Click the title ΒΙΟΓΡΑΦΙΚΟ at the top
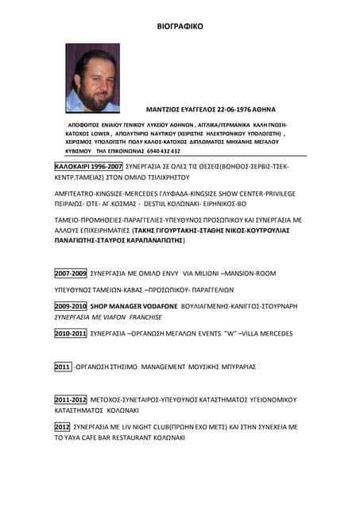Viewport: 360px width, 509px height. coord(180,26)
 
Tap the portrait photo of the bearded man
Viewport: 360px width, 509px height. coord(92,77)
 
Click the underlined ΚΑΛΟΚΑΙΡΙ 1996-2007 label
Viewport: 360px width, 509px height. coord(88,167)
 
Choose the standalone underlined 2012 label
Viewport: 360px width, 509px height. coord(62,427)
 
